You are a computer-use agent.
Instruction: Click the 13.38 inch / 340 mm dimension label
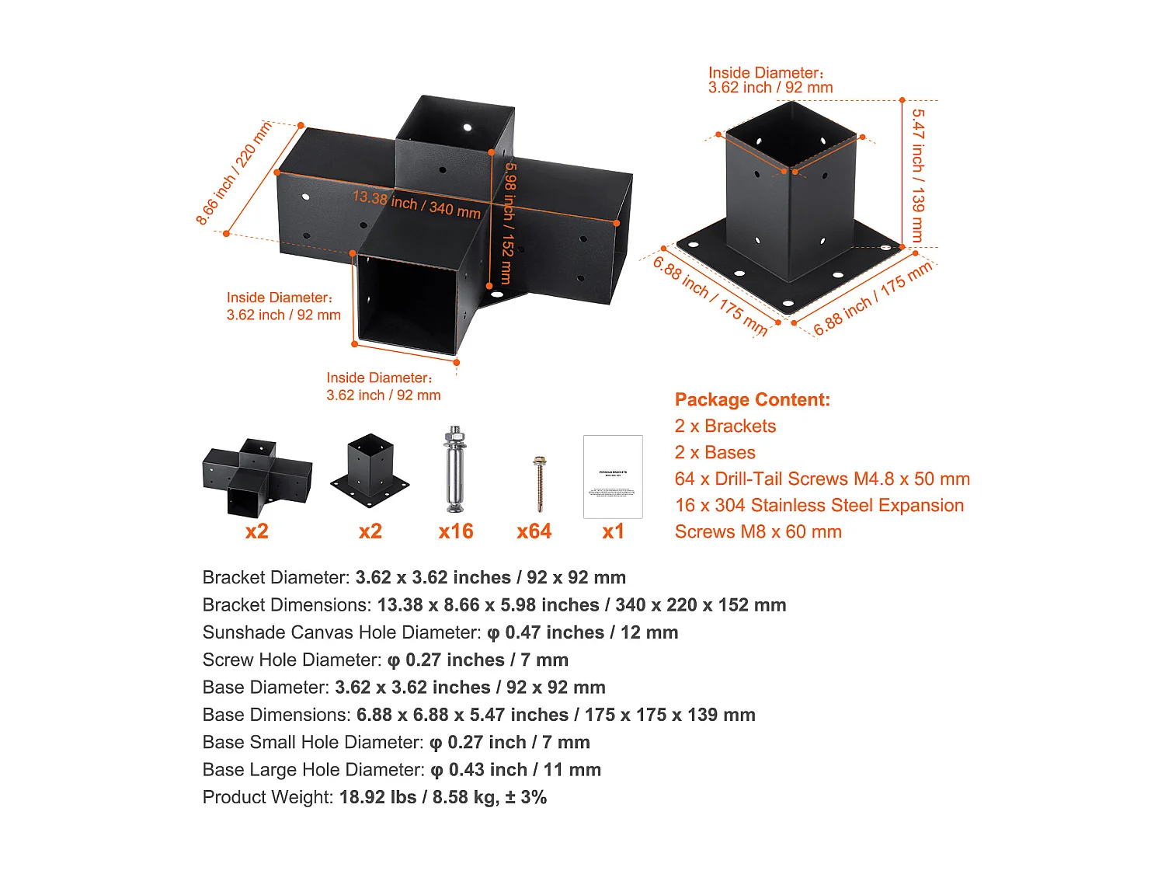(x=416, y=204)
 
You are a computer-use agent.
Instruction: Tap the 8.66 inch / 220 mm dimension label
(x=233, y=173)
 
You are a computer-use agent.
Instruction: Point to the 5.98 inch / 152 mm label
(x=508, y=222)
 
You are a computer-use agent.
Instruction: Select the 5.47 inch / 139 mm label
(x=918, y=175)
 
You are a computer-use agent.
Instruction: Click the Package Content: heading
(x=752, y=400)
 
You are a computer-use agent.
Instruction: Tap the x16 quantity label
(x=455, y=531)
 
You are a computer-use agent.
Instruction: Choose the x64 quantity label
(x=534, y=531)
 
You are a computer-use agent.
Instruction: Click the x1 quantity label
(x=613, y=531)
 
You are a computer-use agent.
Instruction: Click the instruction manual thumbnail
(x=613, y=476)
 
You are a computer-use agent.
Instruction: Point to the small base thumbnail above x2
(x=370, y=468)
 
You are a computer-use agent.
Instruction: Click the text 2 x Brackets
(x=725, y=427)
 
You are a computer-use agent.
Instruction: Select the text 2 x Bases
(x=715, y=453)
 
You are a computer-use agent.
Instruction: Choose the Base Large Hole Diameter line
(x=402, y=770)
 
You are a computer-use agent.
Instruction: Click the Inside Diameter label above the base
(x=770, y=80)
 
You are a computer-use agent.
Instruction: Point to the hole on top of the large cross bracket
(x=467, y=127)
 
